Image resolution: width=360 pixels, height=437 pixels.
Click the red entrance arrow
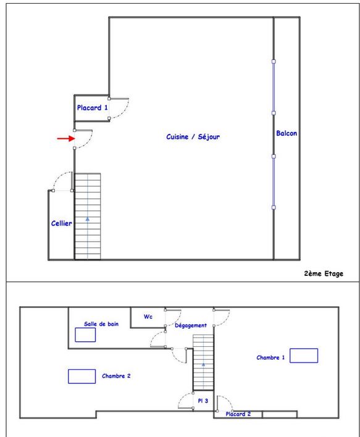tap(66, 138)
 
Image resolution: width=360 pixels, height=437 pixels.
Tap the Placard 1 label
tap(92, 107)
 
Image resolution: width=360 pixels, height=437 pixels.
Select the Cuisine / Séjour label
tap(193, 136)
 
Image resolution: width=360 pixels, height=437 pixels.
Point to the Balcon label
tap(287, 133)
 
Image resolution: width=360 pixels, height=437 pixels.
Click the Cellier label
tap(61, 223)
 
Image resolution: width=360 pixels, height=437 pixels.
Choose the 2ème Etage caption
tap(324, 273)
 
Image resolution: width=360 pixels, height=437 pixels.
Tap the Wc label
tap(148, 317)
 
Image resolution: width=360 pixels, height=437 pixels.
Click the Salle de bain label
tap(101, 324)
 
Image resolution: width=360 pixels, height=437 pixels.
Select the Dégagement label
tap(191, 325)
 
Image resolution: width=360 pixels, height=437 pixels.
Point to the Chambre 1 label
tap(270, 357)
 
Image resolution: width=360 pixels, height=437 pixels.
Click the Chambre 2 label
tap(116, 376)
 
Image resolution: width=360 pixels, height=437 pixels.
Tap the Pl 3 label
tap(203, 401)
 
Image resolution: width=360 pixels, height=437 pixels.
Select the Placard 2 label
tap(238, 414)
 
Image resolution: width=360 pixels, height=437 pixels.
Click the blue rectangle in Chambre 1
tap(304, 356)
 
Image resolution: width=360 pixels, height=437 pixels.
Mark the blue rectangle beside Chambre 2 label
tap(82, 377)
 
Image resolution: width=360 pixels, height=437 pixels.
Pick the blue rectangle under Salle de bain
tap(85, 335)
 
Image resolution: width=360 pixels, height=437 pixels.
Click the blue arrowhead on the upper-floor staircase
tap(88, 219)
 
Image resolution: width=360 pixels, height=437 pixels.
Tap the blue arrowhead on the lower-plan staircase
tap(203, 364)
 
